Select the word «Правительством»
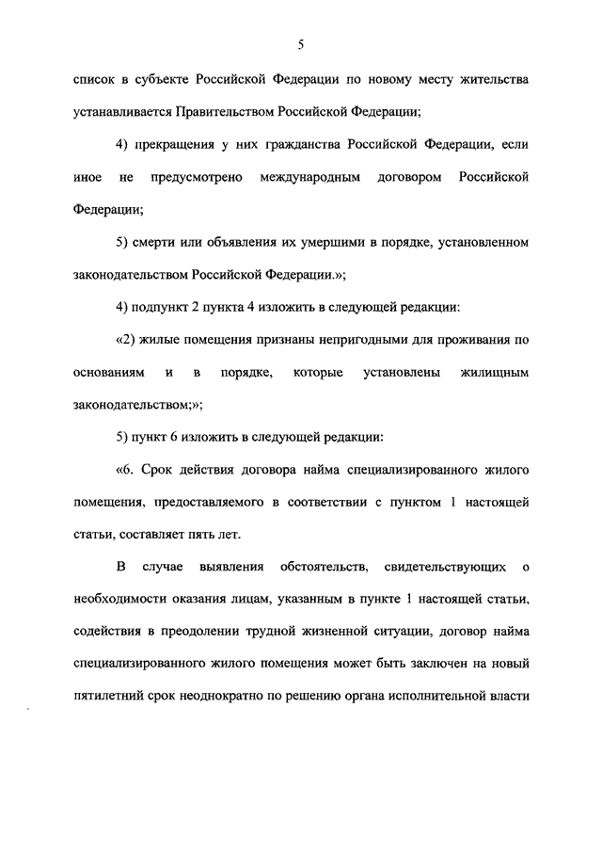219,112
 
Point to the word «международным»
311,177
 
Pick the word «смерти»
155,242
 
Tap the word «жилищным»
494,373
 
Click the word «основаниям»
109,373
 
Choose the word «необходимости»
118,600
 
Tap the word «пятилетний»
108,698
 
